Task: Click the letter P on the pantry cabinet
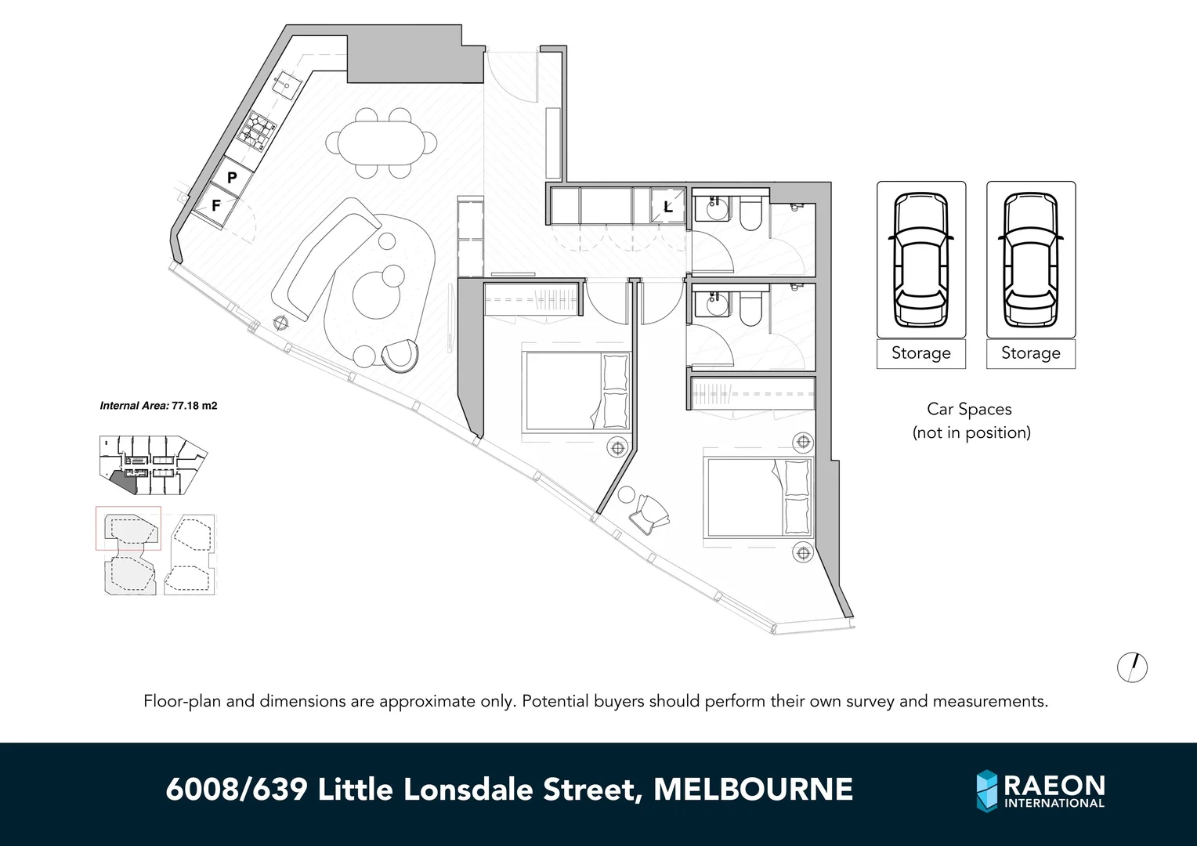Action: tap(232, 178)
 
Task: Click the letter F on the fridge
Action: tap(216, 206)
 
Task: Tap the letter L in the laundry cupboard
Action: tap(667, 208)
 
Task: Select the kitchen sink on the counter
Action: tap(287, 81)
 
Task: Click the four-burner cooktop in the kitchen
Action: tap(258, 130)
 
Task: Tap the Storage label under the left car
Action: tap(920, 353)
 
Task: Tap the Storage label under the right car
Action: tap(1030, 353)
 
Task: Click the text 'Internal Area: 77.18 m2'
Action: tap(158, 406)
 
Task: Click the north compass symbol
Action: tap(1132, 667)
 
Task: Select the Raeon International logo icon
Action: tap(987, 790)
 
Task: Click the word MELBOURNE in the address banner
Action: tap(753, 790)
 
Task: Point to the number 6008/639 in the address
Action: tap(237, 790)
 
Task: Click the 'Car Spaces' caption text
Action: tap(969, 409)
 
